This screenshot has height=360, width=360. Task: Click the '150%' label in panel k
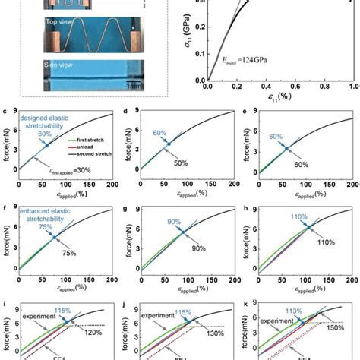[x=333, y=331]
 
